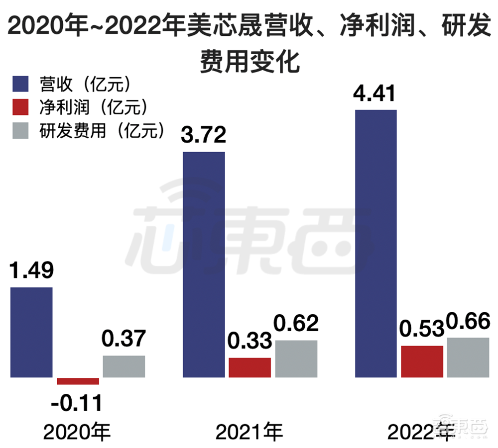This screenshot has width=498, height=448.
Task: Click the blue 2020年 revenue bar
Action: click(x=31, y=332)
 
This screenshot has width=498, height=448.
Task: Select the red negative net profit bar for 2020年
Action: click(x=78, y=381)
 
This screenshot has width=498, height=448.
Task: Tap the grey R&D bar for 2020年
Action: click(x=124, y=366)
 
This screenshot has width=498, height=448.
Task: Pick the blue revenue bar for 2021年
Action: click(x=204, y=264)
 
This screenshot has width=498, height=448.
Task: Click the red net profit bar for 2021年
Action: click(x=250, y=367)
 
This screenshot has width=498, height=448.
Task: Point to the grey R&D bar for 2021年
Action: click(x=296, y=358)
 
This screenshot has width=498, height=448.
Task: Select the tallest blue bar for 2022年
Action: click(x=375, y=243)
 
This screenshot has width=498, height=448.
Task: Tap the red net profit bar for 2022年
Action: click(x=422, y=361)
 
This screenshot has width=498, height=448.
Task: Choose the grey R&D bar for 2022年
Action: click(x=468, y=357)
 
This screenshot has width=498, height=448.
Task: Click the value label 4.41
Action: click(x=375, y=93)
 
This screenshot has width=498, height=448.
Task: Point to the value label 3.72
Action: click(x=204, y=135)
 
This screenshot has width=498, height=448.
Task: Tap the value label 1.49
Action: click(x=32, y=270)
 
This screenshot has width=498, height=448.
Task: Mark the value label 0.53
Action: click(x=421, y=329)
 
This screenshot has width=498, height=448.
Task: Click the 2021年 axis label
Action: click(x=249, y=432)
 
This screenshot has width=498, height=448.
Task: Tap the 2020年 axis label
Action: click(x=77, y=432)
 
